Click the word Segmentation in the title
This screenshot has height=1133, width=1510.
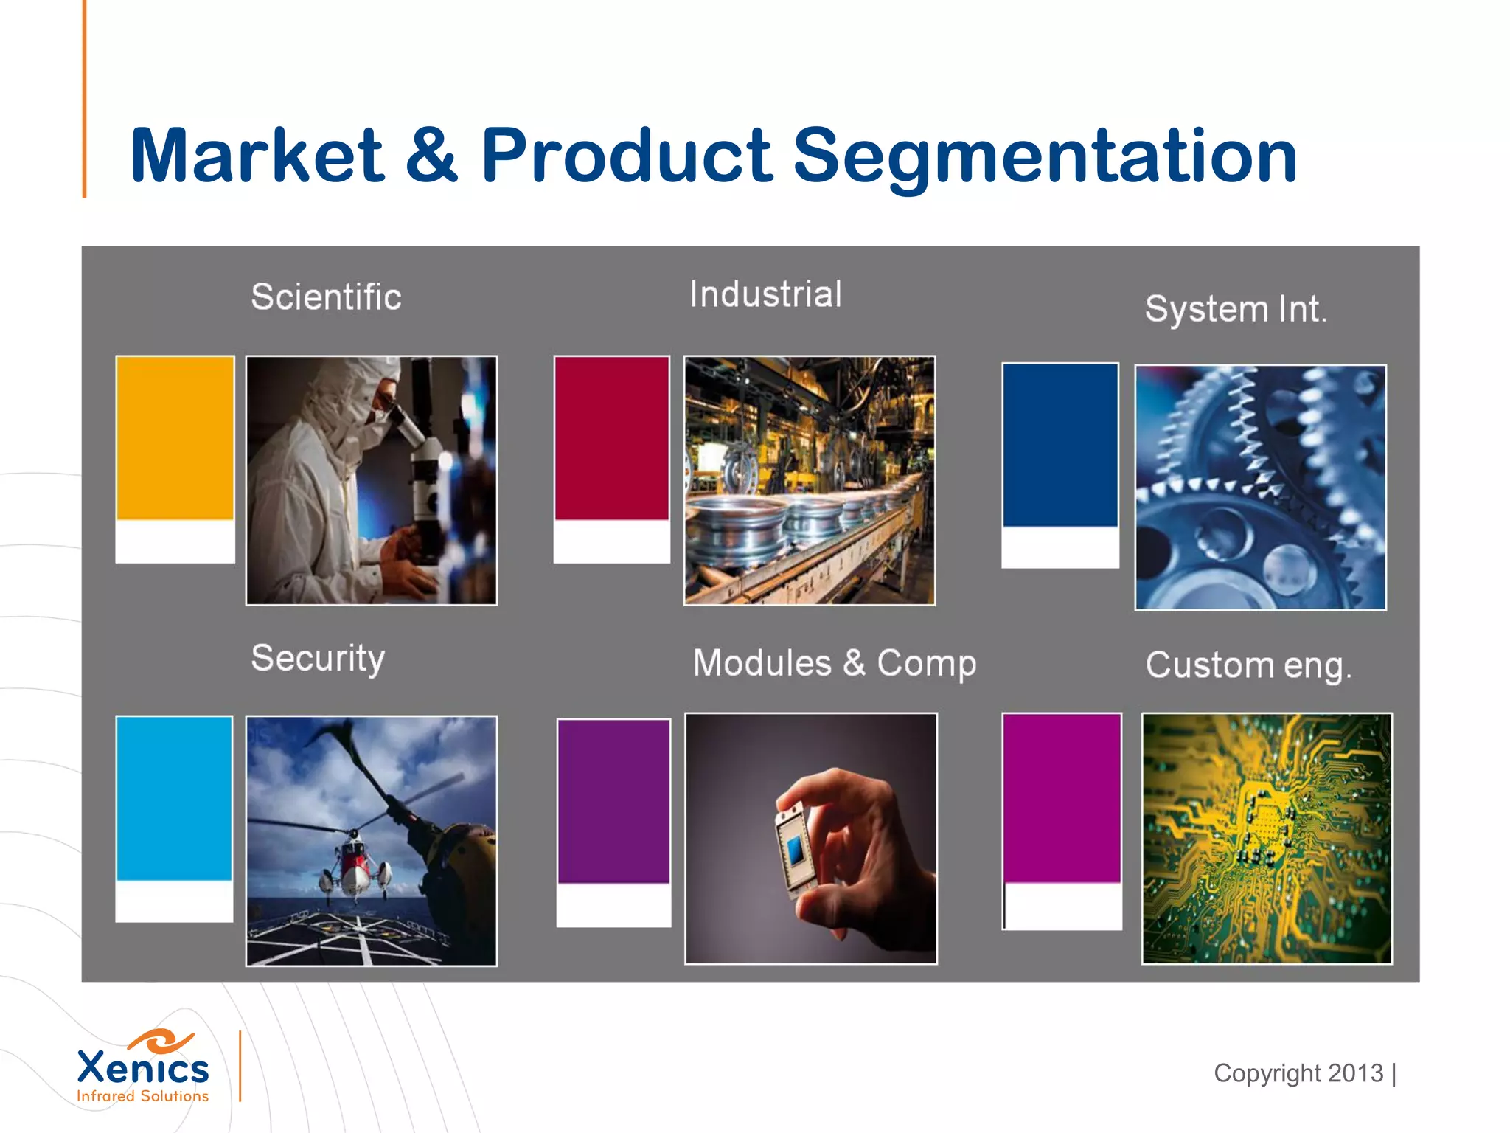(x=1044, y=156)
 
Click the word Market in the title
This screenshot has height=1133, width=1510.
(x=256, y=156)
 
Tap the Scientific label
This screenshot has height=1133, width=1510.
(x=326, y=297)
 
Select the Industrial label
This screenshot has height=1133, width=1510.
(x=765, y=294)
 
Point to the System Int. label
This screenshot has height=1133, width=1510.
(x=1235, y=309)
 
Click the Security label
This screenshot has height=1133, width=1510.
(x=318, y=658)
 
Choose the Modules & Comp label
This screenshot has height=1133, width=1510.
(x=834, y=663)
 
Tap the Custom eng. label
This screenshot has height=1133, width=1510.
(x=1248, y=665)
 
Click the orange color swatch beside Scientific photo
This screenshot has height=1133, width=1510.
(x=175, y=438)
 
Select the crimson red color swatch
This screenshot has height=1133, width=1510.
(x=611, y=438)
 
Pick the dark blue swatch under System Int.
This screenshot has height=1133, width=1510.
(x=1060, y=445)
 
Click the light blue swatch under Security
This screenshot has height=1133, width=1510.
(x=174, y=798)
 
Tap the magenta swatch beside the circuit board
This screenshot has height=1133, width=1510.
(x=1061, y=798)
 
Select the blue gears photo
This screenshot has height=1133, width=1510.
(x=1260, y=488)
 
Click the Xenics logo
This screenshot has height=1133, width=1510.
(x=143, y=1067)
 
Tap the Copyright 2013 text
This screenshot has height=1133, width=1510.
(x=1298, y=1073)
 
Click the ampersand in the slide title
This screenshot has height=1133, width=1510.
(x=431, y=156)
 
